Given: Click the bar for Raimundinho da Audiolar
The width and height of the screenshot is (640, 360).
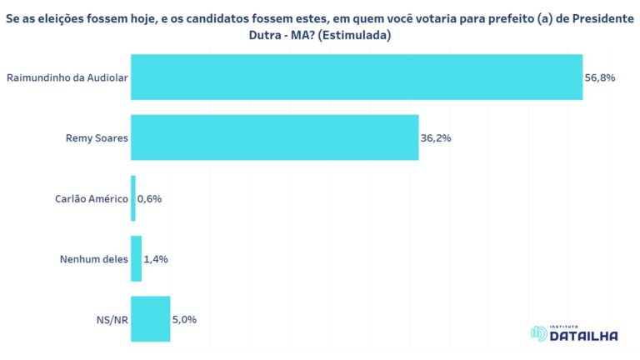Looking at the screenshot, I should coord(357,77).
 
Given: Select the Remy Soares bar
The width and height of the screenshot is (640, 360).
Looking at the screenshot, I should coord(275,137).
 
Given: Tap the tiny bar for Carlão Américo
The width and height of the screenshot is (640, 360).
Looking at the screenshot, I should coord(133,198).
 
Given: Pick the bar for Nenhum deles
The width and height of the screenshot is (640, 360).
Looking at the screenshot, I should coord(137,258).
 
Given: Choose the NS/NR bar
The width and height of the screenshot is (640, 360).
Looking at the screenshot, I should coord(151,319).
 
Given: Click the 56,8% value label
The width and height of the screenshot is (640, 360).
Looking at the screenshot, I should coord(600,77).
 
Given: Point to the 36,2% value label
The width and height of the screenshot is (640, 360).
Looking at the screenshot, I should coord(436,137).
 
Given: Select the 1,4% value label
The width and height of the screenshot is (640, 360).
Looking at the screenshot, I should coord(156,258).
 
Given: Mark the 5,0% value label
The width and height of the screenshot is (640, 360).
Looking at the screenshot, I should coord(184,319).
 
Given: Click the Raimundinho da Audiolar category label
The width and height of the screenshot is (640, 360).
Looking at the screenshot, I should coord(67,77).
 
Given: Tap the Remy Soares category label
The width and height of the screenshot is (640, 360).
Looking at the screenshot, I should coord(96,137).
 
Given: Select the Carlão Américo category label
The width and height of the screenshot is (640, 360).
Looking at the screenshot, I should coord(92,198).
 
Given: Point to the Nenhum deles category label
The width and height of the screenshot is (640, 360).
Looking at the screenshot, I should coord(94,259).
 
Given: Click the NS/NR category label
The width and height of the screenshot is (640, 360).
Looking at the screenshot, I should coord(112,319).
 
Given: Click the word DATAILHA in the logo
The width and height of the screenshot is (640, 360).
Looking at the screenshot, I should coord(584,336).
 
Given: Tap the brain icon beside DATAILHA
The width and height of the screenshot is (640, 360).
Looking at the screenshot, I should coord(538,333).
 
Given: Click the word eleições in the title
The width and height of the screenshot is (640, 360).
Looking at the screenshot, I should coord(61,17).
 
